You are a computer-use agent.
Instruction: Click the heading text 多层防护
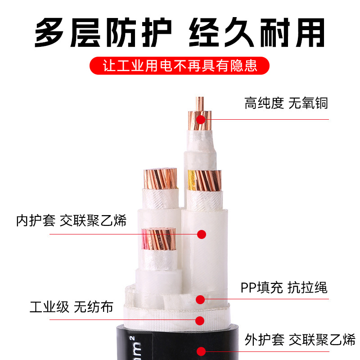(103, 32)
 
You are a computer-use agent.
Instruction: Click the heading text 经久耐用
(256, 32)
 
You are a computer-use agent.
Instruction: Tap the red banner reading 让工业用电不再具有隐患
(179, 66)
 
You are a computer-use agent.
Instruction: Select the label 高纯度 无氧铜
(286, 103)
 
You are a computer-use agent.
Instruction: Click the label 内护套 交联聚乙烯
(71, 220)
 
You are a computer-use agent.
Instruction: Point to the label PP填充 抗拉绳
(284, 288)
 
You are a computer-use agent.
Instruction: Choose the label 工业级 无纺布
(72, 307)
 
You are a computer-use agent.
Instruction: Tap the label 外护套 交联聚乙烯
(300, 340)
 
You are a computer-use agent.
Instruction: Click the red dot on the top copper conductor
(201, 119)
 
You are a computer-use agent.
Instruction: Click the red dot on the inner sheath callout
(202, 234)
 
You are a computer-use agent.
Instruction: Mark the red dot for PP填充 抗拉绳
(200, 300)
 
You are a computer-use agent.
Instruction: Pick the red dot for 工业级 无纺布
(200, 321)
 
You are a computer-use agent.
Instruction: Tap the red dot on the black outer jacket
(201, 351)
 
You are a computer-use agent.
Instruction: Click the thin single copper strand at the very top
(199, 104)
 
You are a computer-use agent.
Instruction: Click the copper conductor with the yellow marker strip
(204, 180)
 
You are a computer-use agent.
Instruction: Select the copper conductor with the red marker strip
(158, 239)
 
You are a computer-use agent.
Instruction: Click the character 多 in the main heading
(49, 32)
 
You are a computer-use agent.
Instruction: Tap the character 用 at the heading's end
(310, 33)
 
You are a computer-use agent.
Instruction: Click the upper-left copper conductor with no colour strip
(160, 179)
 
